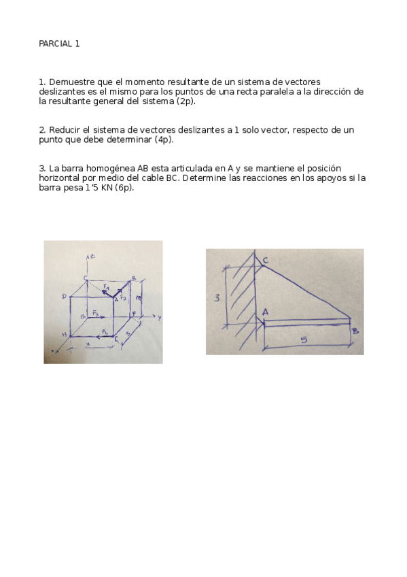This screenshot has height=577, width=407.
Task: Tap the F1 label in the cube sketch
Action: [107, 288]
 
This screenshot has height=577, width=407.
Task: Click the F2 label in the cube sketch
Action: [123, 297]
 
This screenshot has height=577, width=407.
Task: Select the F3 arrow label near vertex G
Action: [96, 314]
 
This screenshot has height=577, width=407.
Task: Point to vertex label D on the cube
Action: [64, 296]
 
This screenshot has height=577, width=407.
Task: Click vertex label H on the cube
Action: [63, 335]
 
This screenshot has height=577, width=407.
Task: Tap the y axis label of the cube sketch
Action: [158, 317]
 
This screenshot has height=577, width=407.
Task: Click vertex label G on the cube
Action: [83, 317]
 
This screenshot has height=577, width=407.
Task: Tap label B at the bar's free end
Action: [355, 331]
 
